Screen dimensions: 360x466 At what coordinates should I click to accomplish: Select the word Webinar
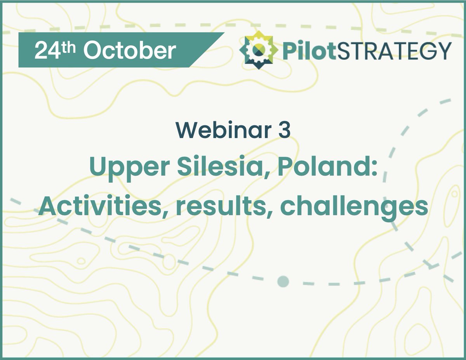click(x=221, y=131)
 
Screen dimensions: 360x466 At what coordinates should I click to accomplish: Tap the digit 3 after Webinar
click(x=284, y=131)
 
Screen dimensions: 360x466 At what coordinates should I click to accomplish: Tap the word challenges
click(x=354, y=208)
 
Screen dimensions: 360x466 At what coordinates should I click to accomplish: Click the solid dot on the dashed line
click(x=283, y=281)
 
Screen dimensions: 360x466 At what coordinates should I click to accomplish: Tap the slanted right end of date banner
click(x=212, y=50)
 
